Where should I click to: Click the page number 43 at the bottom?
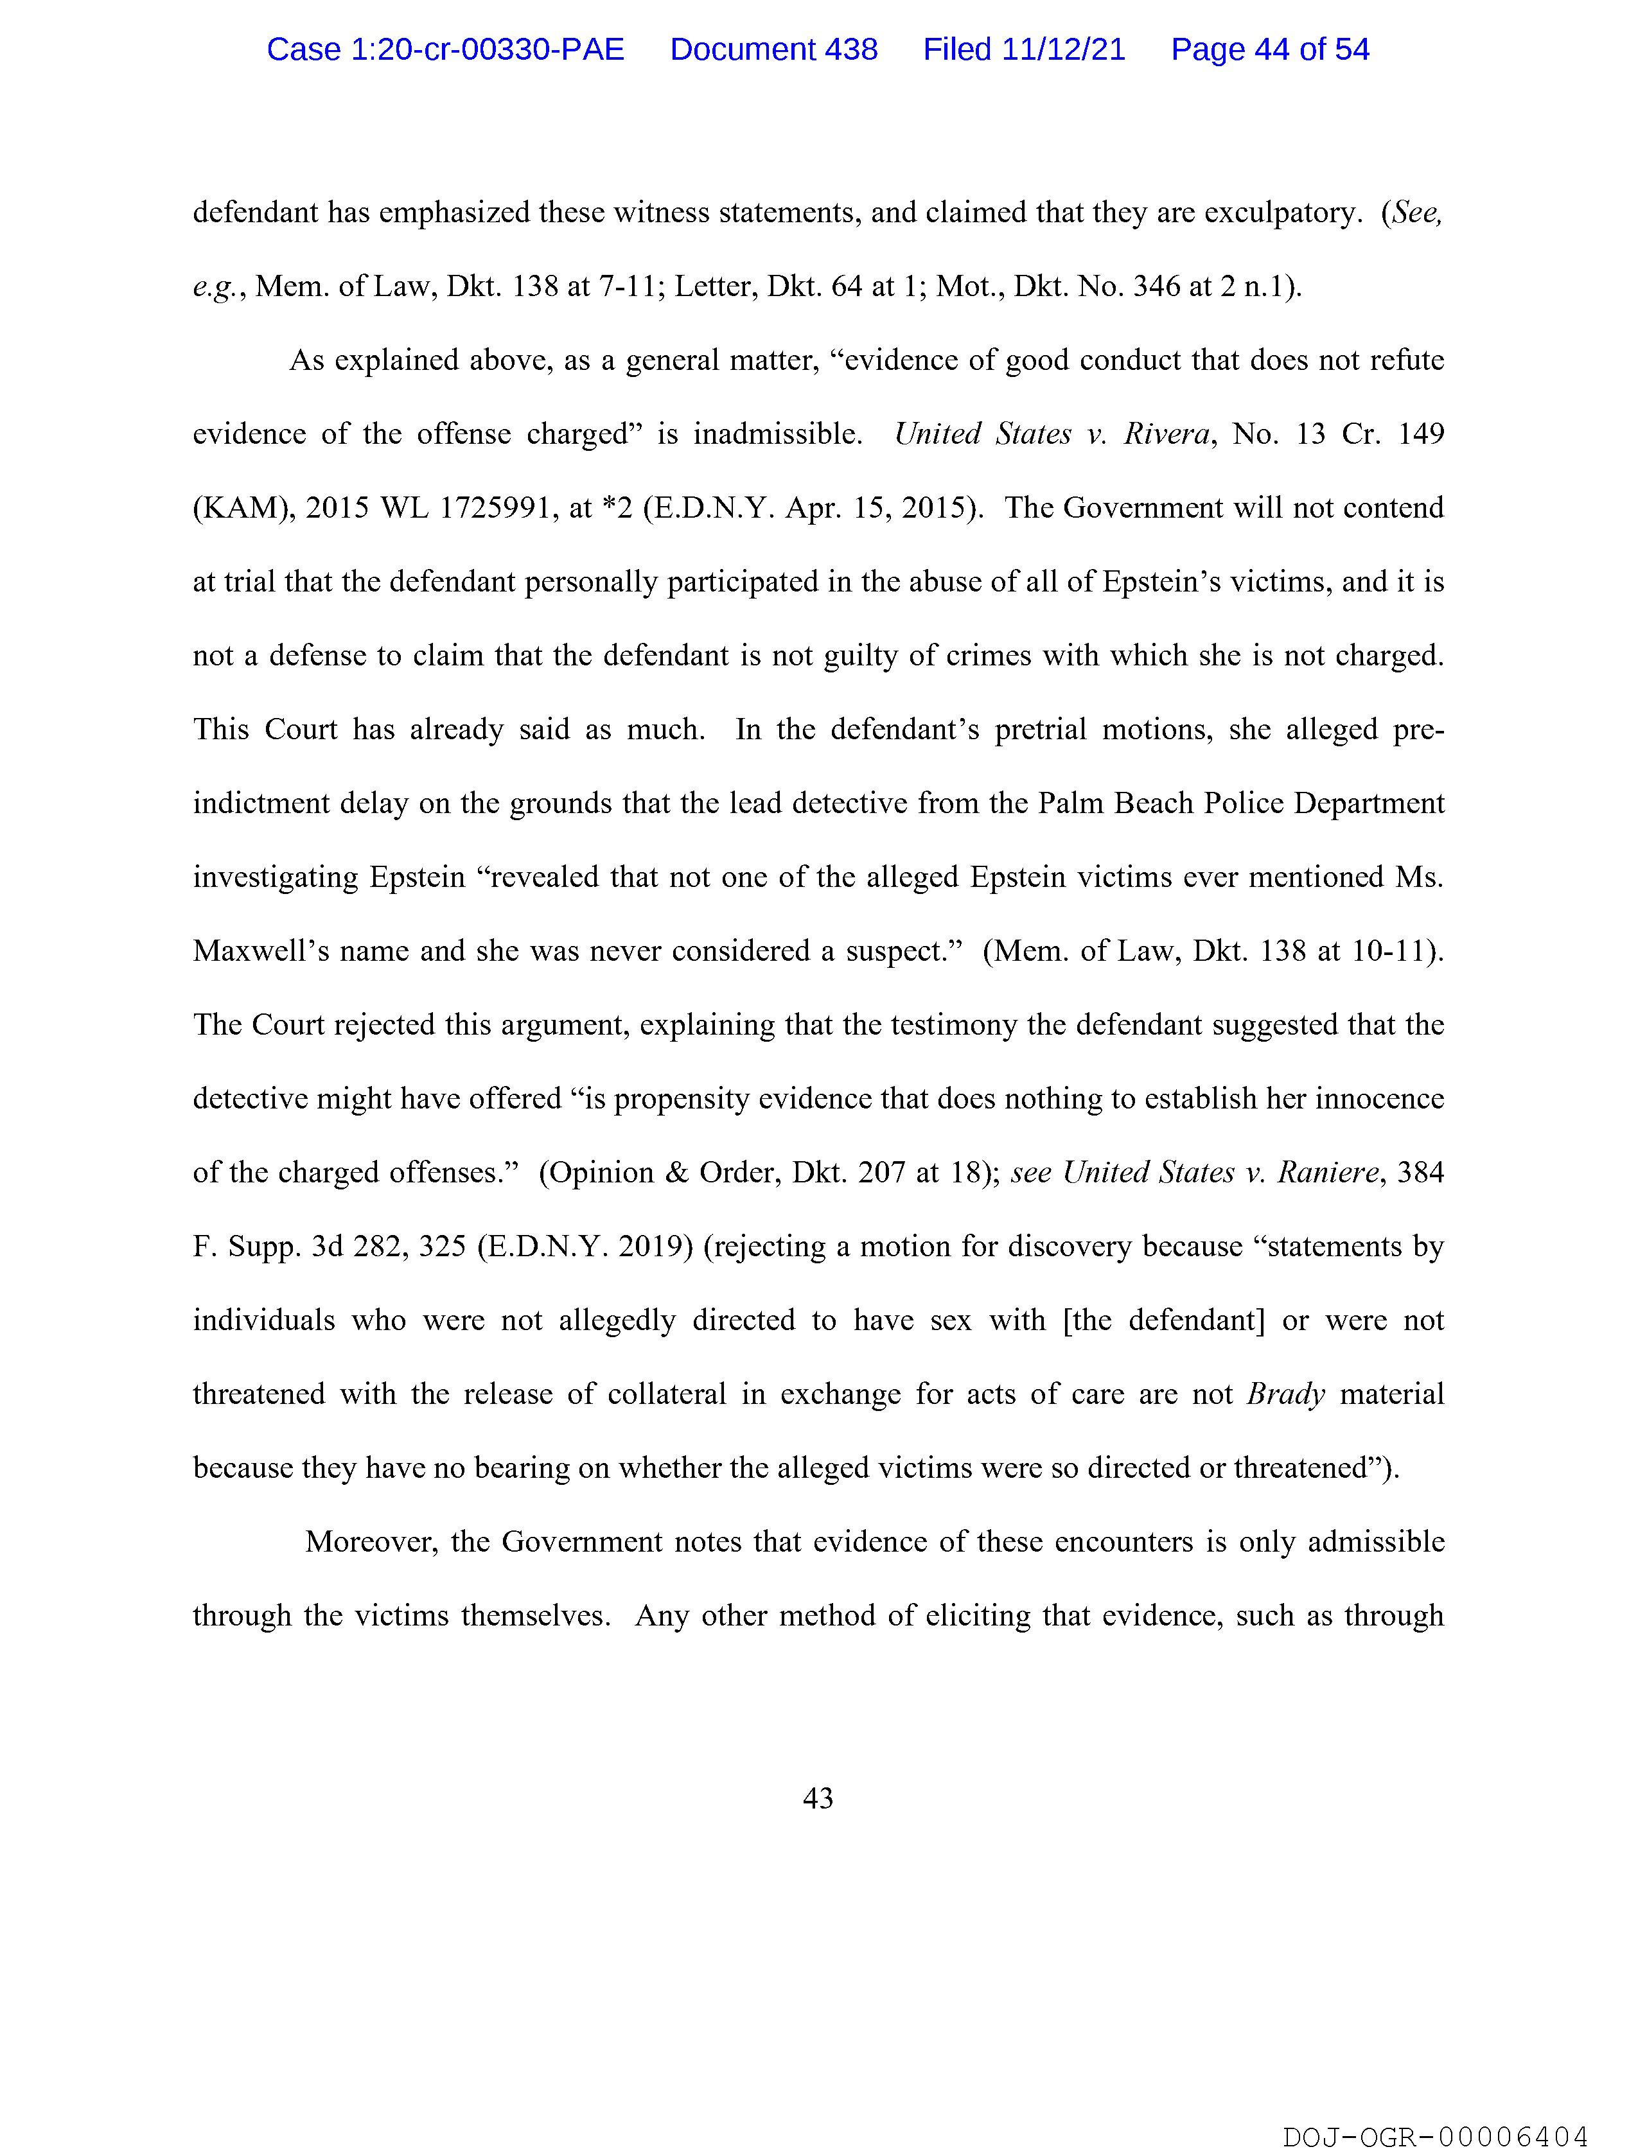point(818,1798)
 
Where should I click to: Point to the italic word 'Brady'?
point(1285,1393)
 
